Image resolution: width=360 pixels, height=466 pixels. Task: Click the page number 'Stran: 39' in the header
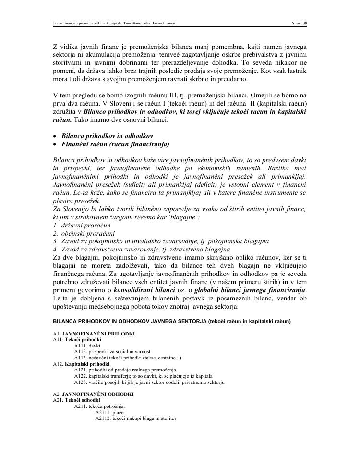(299, 23)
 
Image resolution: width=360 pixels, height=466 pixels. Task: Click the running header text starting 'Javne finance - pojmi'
(114, 23)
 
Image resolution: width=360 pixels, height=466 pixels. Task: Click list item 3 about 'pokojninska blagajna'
(161, 241)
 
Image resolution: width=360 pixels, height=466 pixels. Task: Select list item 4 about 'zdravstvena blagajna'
(142, 249)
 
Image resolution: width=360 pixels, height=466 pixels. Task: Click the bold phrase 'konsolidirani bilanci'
(144, 290)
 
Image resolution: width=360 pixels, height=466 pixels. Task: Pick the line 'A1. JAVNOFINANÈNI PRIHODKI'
(94, 334)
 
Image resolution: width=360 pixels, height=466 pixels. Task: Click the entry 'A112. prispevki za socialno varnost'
(112, 352)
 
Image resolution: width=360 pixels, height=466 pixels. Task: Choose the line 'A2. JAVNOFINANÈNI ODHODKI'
(93, 394)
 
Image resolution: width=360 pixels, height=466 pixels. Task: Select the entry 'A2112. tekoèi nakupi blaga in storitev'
(136, 418)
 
